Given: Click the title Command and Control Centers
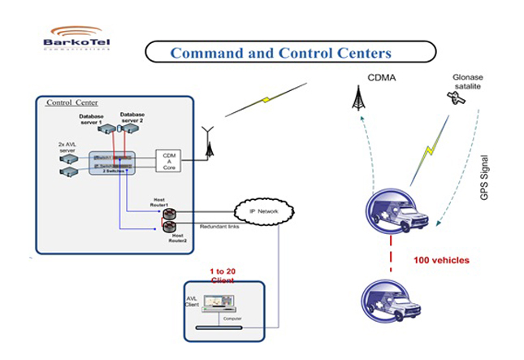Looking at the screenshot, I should coord(280,54).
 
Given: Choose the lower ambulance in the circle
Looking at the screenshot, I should coord(393,298).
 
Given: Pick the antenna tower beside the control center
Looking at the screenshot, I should coord(208,143).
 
